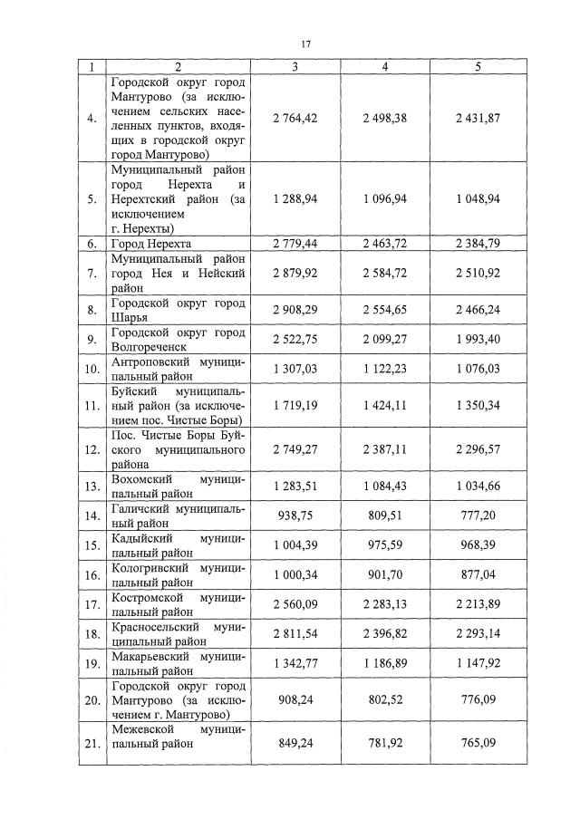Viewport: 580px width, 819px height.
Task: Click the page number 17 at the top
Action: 305,43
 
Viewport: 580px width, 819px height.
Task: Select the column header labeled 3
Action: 295,67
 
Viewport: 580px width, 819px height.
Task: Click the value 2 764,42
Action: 295,119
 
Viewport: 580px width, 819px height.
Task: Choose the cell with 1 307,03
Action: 295,368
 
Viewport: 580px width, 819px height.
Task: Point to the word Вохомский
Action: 138,478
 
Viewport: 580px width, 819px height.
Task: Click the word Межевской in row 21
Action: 139,728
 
